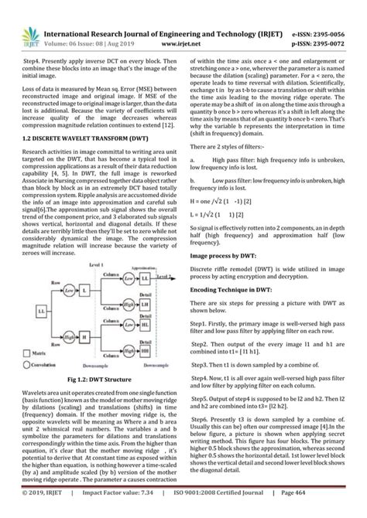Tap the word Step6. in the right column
(204, 417)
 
